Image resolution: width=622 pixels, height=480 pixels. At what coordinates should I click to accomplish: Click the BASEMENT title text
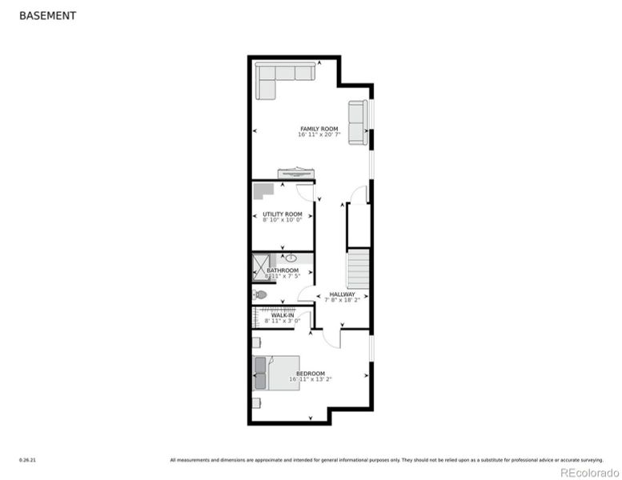click(x=47, y=15)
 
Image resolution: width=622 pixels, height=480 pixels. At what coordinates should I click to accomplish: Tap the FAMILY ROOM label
click(x=319, y=129)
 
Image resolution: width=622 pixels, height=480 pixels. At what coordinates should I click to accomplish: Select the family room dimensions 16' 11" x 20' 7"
click(x=319, y=135)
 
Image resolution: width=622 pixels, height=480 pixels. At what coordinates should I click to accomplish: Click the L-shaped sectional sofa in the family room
click(x=279, y=77)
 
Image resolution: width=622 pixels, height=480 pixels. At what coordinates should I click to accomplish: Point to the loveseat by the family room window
click(x=357, y=123)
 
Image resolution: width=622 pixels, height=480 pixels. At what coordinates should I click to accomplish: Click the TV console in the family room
click(x=296, y=174)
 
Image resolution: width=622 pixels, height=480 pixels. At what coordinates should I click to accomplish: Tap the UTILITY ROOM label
click(x=283, y=214)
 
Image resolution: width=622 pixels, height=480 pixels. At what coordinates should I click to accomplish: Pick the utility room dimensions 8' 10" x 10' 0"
click(x=283, y=220)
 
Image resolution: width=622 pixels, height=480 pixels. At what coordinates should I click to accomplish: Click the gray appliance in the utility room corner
click(x=263, y=191)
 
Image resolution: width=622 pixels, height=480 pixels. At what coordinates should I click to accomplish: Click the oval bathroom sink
click(x=291, y=258)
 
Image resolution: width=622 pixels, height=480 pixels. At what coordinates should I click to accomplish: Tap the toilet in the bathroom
click(x=260, y=294)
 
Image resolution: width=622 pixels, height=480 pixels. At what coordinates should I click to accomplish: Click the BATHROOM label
click(x=283, y=270)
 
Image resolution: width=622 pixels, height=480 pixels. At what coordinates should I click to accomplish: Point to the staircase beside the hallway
click(x=357, y=268)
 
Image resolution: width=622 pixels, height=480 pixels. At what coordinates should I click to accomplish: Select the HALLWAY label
click(x=342, y=294)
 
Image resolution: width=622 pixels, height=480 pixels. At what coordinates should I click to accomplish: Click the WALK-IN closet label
click(x=283, y=315)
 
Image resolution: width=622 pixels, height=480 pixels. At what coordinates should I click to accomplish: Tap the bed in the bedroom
click(x=276, y=373)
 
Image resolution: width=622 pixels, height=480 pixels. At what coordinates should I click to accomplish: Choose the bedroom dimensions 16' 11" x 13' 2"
click(x=311, y=379)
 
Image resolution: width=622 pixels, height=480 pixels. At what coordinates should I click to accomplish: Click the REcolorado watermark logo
click(x=588, y=472)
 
